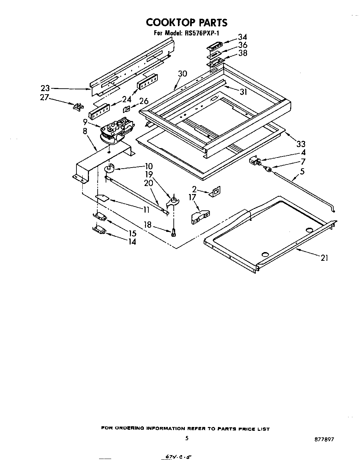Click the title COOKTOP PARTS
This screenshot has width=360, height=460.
tap(187, 22)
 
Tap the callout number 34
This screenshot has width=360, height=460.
tap(242, 37)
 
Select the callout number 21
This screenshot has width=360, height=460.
tap(324, 258)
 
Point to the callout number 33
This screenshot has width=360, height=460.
tap(301, 144)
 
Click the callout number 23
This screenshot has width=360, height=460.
tap(46, 88)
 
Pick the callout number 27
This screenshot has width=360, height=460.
tap(44, 97)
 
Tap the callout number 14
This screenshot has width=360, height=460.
tap(132, 241)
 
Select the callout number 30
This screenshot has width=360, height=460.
tap(182, 73)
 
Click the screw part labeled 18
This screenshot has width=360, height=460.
tap(173, 233)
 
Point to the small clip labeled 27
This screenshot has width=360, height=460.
tap(77, 106)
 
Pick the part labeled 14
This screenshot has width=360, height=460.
tap(100, 230)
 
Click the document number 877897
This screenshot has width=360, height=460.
tap(324, 439)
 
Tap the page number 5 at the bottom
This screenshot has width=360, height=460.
tap(187, 438)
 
